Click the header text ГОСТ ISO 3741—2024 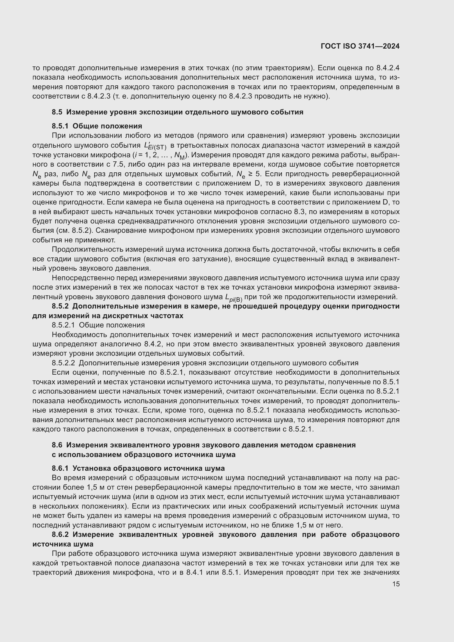click(360, 46)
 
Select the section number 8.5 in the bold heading click(57, 112)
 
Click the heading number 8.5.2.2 click(63, 363)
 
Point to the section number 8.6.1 click(60, 468)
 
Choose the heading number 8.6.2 click(60, 534)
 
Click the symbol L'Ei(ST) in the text click(155, 146)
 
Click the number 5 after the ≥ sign click(258, 174)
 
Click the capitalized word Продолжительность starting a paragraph click(88, 249)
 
